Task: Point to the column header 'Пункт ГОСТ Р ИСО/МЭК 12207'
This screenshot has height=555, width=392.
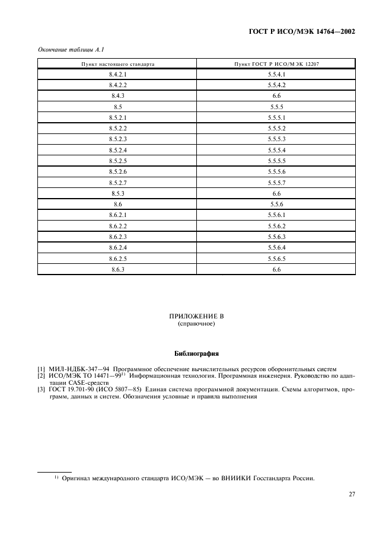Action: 276,63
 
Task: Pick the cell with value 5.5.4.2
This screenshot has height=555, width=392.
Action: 276,85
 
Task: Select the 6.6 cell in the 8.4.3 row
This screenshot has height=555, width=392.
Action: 276,96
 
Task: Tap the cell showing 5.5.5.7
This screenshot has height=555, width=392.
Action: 276,183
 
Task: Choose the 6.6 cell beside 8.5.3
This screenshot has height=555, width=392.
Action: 276,193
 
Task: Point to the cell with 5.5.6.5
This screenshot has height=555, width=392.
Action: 276,259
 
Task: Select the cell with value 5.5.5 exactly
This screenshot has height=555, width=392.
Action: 276,107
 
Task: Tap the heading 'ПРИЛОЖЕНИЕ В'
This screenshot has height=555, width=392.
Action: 196,317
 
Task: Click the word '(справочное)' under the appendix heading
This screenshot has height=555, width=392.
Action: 196,325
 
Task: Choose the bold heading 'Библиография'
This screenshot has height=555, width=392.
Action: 196,355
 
